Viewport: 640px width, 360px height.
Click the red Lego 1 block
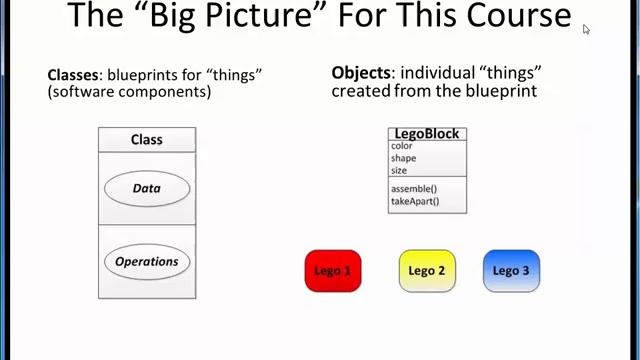click(x=333, y=271)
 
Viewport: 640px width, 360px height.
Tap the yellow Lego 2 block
click(x=427, y=271)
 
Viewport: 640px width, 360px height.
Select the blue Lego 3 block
click(x=511, y=271)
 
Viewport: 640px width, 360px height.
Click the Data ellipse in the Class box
click(x=146, y=188)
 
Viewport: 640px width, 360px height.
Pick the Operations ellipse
click(x=146, y=262)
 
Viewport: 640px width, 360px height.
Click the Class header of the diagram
click(x=147, y=140)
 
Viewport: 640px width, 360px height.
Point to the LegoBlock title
click(x=427, y=134)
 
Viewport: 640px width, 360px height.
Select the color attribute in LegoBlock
click(x=401, y=147)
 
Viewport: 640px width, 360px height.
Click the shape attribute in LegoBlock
click(x=403, y=159)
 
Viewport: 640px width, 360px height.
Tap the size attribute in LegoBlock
click(x=399, y=171)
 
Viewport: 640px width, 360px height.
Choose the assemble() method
click(x=413, y=189)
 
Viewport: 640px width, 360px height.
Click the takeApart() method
click(x=415, y=201)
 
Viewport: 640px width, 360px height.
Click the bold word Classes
click(x=73, y=75)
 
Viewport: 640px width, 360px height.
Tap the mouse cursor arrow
click(x=586, y=29)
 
